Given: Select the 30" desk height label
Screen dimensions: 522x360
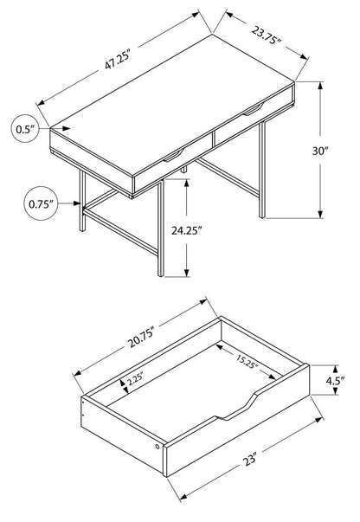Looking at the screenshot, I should click(322, 151).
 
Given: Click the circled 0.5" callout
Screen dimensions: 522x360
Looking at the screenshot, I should click(23, 129).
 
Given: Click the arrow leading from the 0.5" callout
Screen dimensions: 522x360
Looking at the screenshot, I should click(48, 129).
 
